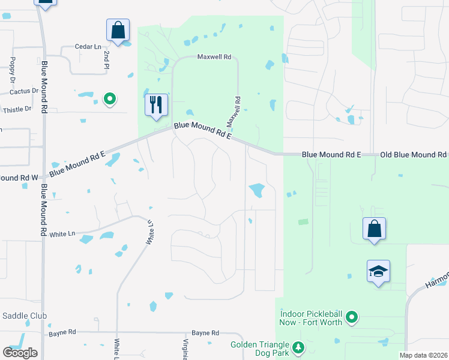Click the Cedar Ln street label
point(88,47)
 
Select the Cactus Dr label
point(24,91)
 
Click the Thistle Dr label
point(17,109)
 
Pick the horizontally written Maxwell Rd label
point(214,57)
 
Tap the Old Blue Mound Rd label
point(414,154)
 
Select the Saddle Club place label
point(25,316)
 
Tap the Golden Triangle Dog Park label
point(259,349)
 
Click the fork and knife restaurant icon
point(155,105)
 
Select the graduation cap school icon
point(379,272)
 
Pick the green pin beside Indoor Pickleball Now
point(352,317)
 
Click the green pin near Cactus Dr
point(109,98)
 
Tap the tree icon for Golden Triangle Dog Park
point(298,347)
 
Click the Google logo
point(20,353)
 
